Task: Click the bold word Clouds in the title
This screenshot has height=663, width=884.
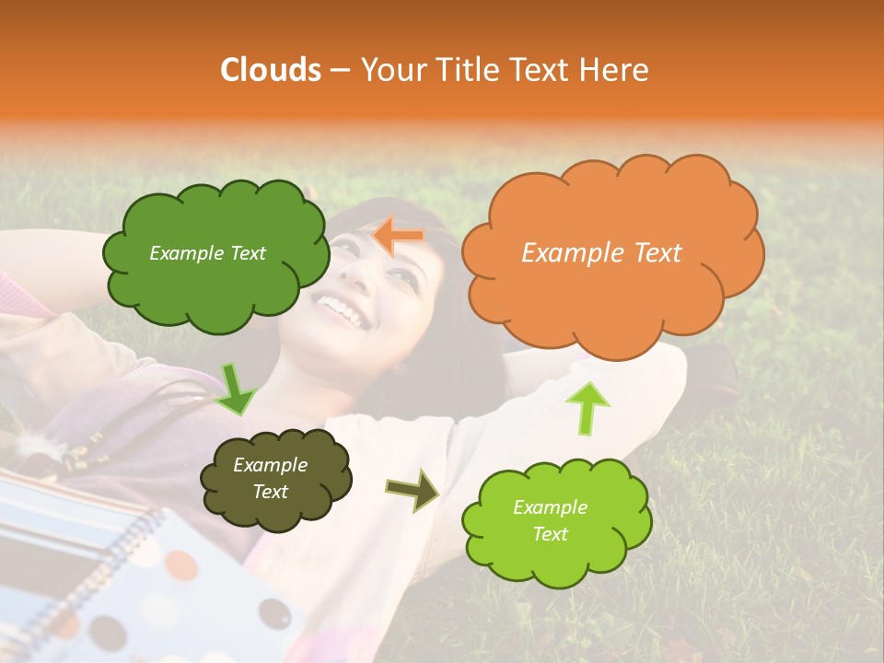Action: [271, 70]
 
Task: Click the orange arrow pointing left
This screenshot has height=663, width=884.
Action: [400, 236]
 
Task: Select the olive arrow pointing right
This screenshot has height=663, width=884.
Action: [413, 490]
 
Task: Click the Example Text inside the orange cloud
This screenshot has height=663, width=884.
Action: [601, 253]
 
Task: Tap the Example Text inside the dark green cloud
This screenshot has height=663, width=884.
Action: [207, 253]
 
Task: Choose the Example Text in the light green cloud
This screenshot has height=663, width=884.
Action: [550, 520]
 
